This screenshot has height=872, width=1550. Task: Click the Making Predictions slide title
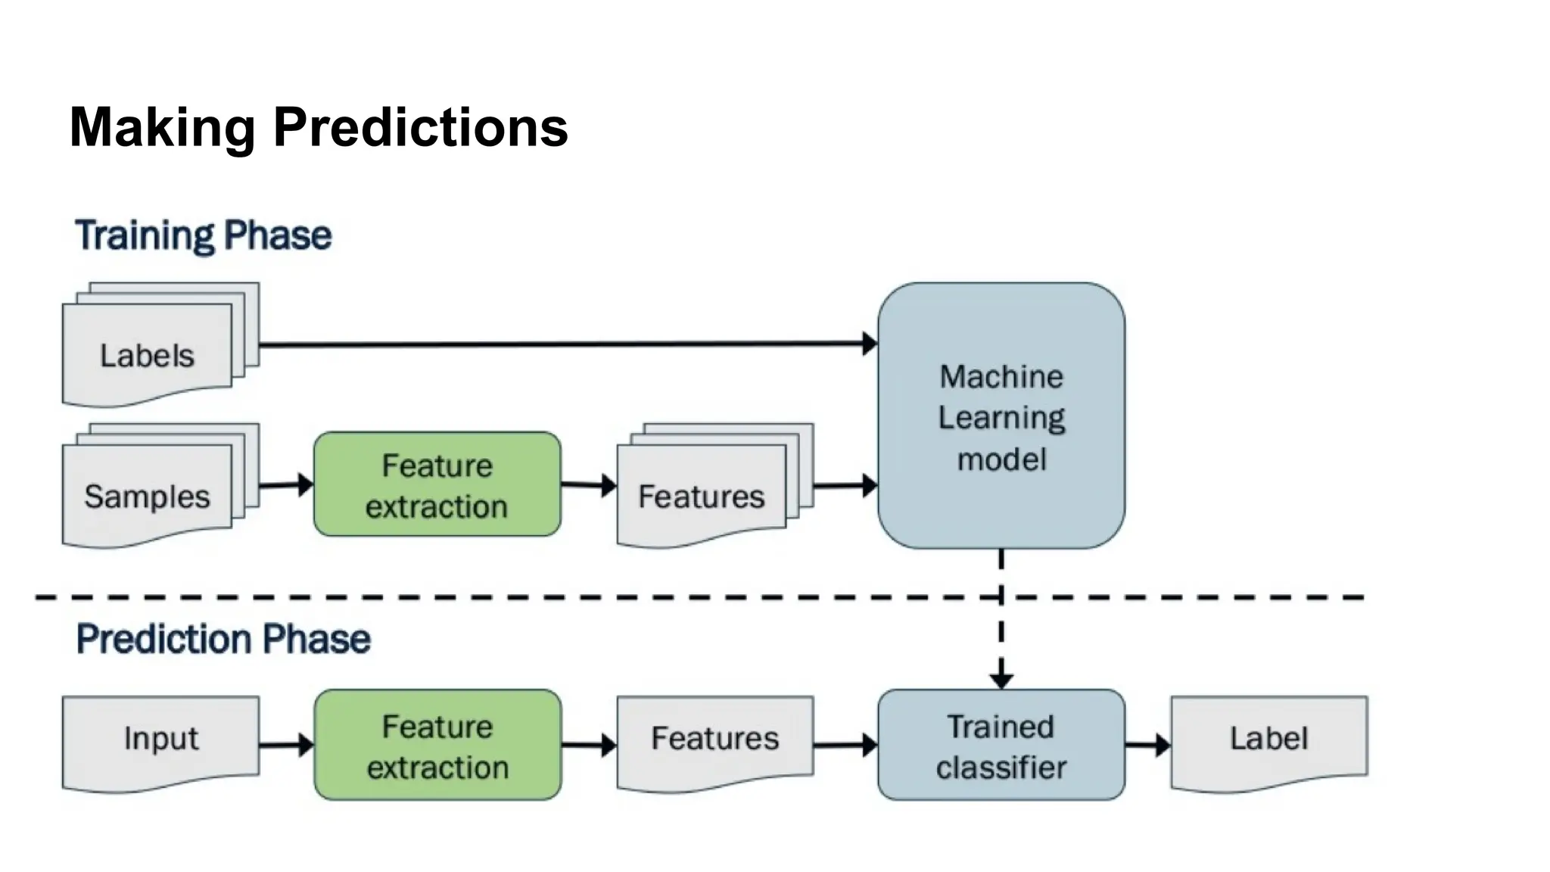pos(318,127)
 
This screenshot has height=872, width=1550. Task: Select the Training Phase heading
pos(203,235)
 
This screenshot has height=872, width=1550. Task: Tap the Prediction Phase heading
pos(223,639)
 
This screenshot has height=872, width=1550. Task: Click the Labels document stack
pos(148,354)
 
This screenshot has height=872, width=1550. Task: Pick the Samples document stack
pos(148,495)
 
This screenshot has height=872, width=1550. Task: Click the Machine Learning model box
pos(1001,416)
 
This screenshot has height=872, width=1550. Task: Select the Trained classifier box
pos(1001,746)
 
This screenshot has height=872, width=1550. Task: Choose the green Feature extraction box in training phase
pos(437,484)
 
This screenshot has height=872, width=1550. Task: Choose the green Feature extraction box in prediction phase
pos(437,746)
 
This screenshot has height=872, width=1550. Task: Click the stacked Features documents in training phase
pos(702,495)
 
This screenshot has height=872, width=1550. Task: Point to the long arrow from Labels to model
pos(568,344)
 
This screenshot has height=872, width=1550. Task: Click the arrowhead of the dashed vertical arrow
pos(1001,679)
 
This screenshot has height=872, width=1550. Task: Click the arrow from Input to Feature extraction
pos(287,745)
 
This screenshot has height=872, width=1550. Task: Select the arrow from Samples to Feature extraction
pos(287,484)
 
